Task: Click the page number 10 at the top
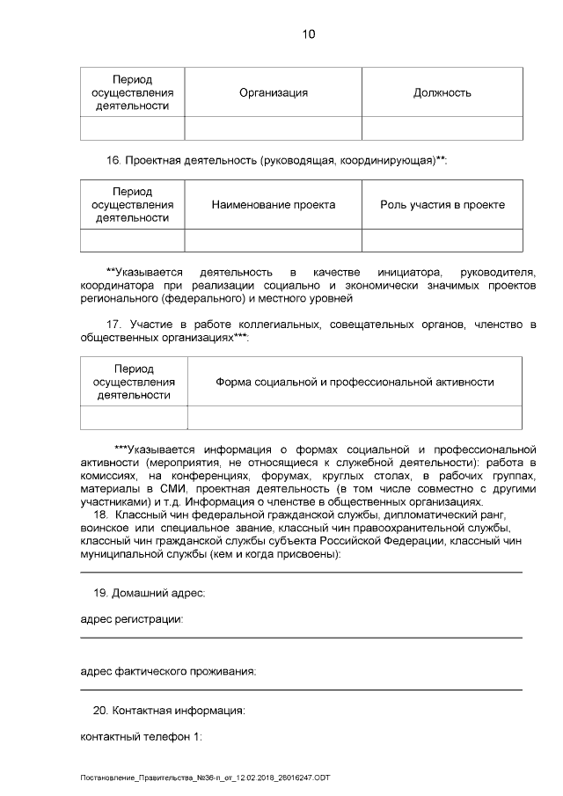(x=308, y=34)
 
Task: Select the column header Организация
(x=273, y=92)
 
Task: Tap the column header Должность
(x=442, y=92)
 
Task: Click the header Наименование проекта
(x=273, y=204)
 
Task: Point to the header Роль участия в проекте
(x=442, y=204)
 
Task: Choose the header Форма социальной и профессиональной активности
(x=355, y=382)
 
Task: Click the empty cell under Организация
(x=273, y=128)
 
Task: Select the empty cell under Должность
(x=442, y=128)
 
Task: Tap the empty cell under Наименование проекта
(x=273, y=240)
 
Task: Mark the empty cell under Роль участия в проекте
(x=442, y=240)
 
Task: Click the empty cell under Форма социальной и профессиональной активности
(x=355, y=418)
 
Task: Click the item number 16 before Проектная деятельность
(x=112, y=160)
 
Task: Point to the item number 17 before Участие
(x=113, y=325)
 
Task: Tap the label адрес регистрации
(x=131, y=620)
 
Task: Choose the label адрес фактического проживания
(x=167, y=672)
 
